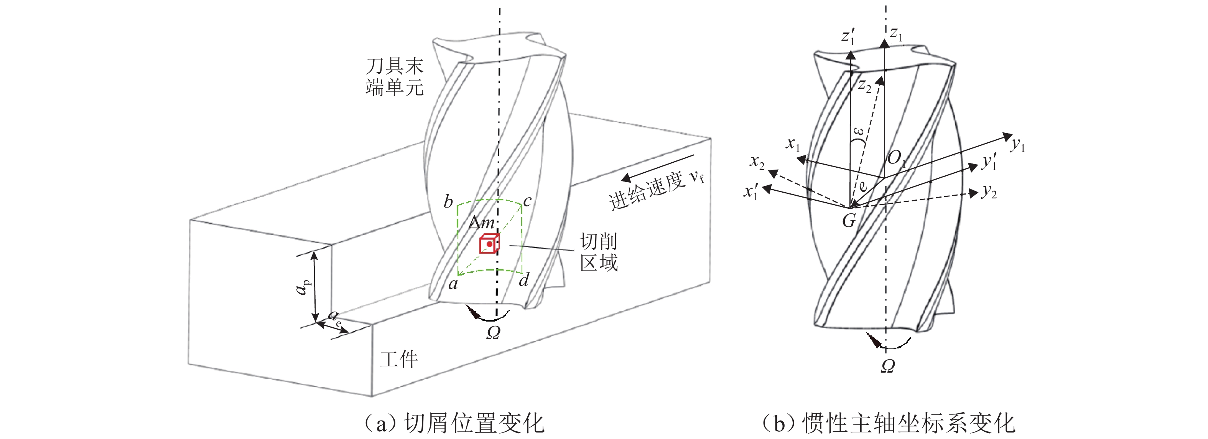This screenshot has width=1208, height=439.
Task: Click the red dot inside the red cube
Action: click(489, 244)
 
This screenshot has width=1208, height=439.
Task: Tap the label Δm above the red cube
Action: click(482, 222)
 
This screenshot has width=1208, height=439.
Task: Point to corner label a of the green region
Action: click(453, 284)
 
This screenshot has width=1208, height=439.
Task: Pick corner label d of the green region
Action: click(524, 280)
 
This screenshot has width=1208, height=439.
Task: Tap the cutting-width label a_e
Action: click(335, 317)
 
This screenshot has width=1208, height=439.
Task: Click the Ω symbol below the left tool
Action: click(493, 333)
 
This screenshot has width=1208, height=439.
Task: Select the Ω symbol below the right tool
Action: click(888, 366)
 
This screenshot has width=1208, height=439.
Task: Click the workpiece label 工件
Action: click(398, 360)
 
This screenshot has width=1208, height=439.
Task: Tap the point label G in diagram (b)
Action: click(849, 220)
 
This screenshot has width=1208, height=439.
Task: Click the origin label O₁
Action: click(896, 158)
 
